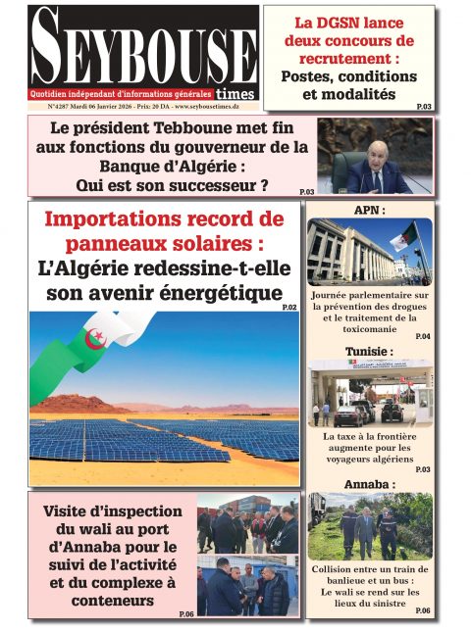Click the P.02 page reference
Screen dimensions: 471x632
click(x=289, y=308)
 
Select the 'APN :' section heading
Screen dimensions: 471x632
click(x=369, y=211)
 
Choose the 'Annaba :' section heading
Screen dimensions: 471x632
click(x=369, y=485)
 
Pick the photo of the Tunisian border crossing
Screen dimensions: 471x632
click(x=369, y=393)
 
